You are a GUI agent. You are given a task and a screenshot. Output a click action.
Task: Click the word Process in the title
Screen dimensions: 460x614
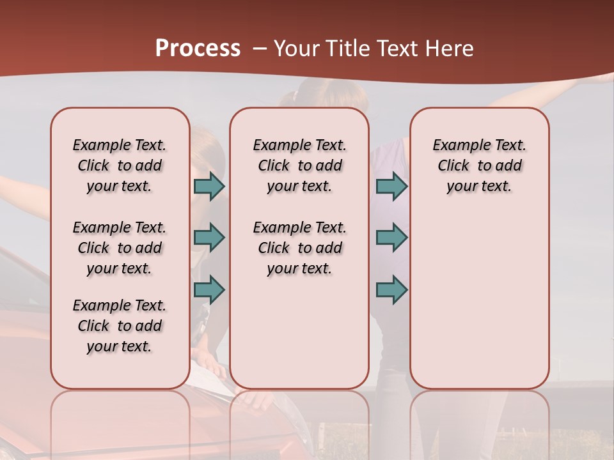coord(198,49)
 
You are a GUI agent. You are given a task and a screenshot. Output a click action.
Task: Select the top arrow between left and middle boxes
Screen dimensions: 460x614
coord(209,186)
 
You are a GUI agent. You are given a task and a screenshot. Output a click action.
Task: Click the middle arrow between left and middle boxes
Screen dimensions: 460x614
coord(209,238)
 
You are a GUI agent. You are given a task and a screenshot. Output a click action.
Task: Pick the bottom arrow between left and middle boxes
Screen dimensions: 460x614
coord(209,289)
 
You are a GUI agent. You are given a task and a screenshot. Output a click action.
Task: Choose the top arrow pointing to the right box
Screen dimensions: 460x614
coord(391,186)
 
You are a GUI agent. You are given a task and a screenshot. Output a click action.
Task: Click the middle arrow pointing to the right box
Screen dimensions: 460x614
coord(391,238)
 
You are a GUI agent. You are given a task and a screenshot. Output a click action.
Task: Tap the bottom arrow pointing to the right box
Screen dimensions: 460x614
coord(391,289)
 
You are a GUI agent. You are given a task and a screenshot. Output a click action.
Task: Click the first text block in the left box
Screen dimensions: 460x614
coord(120,165)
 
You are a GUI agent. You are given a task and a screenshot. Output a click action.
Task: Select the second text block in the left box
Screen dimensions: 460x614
coord(120,248)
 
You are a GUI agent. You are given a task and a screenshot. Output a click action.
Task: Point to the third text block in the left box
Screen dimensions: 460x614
coord(120,326)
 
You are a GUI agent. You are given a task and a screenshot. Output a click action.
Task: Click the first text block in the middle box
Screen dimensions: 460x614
coord(299,165)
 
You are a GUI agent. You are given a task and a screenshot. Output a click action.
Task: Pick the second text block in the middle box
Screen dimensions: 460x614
coord(299,248)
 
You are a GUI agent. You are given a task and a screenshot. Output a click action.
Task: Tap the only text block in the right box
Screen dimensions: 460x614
coord(479,165)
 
